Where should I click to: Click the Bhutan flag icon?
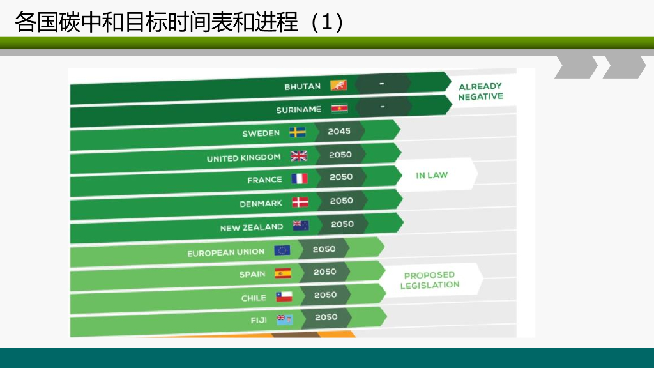(x=338, y=85)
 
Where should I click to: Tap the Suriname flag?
(x=339, y=109)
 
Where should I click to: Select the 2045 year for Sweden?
(x=339, y=131)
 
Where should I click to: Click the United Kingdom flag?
(x=299, y=156)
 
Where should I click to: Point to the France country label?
(x=264, y=180)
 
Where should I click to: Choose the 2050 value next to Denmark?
(x=342, y=201)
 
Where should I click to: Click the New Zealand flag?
(x=301, y=225)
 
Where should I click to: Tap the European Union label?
(x=225, y=252)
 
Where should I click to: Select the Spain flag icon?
(x=283, y=273)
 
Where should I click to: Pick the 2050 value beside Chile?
(x=326, y=295)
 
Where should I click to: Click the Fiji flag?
(x=284, y=319)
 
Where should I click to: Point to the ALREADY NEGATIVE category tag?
(x=480, y=91)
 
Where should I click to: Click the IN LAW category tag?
(x=432, y=175)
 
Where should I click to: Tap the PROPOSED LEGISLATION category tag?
(x=430, y=280)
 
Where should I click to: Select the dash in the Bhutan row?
(x=381, y=84)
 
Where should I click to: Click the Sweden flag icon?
(x=298, y=132)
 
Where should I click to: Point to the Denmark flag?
(x=300, y=203)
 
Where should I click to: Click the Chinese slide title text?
(x=179, y=22)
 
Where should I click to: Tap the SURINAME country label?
(x=298, y=110)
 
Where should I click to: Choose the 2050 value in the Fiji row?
(x=326, y=317)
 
